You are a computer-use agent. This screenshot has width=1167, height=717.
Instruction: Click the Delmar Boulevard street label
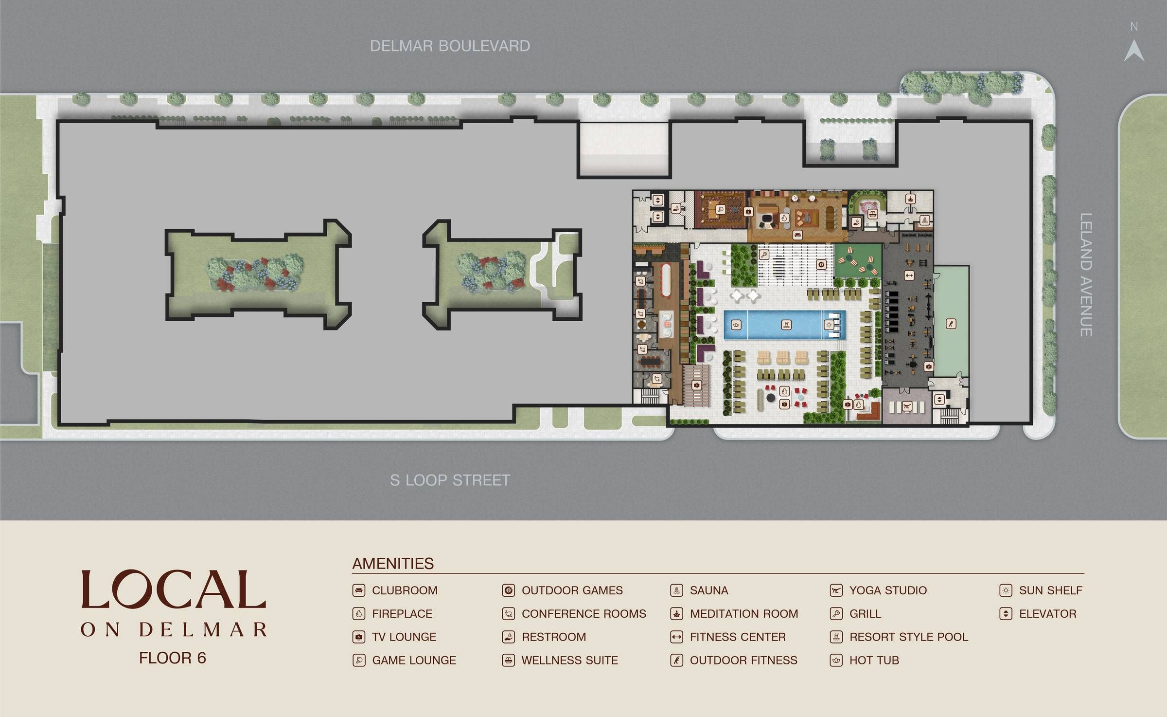tap(450, 46)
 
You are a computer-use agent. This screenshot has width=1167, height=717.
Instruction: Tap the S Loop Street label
tap(450, 480)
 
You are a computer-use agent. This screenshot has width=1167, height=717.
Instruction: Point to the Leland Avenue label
tap(1086, 275)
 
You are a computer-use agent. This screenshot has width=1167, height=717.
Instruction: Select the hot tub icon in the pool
tap(737, 325)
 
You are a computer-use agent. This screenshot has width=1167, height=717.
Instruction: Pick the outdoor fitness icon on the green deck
tap(951, 324)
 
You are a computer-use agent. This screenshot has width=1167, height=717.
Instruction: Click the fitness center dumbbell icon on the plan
tap(908, 276)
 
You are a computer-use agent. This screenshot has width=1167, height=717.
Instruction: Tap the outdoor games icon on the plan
tap(821, 265)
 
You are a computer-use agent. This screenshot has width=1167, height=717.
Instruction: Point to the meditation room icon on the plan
tap(910, 199)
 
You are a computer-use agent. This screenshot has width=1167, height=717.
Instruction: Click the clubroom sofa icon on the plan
tap(797, 236)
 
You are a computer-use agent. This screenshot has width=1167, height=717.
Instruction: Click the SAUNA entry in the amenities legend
tap(708, 590)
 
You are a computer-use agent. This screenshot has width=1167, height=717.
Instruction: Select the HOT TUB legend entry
tap(874, 661)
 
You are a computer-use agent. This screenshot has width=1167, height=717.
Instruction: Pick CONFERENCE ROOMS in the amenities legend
tap(583, 614)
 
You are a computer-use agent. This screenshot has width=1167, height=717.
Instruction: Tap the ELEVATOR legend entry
tap(1047, 614)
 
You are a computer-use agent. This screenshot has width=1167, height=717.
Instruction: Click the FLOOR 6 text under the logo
tap(173, 658)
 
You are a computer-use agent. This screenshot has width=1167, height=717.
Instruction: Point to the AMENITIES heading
tap(393, 563)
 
